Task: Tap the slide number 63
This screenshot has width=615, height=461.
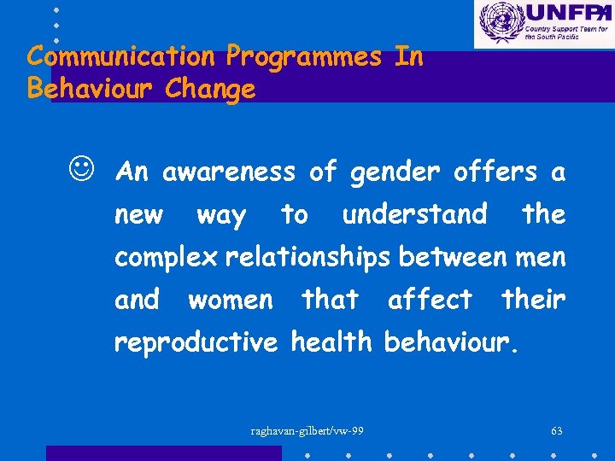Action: (557, 430)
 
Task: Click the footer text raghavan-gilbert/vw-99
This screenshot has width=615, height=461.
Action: (307, 430)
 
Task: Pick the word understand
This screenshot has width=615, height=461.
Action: (414, 214)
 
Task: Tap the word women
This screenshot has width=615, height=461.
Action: (231, 300)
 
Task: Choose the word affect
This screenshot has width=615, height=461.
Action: (430, 300)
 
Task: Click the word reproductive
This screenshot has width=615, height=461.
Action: (196, 342)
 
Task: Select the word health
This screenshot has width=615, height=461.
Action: (331, 342)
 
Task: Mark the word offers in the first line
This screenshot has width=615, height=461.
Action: (495, 172)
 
